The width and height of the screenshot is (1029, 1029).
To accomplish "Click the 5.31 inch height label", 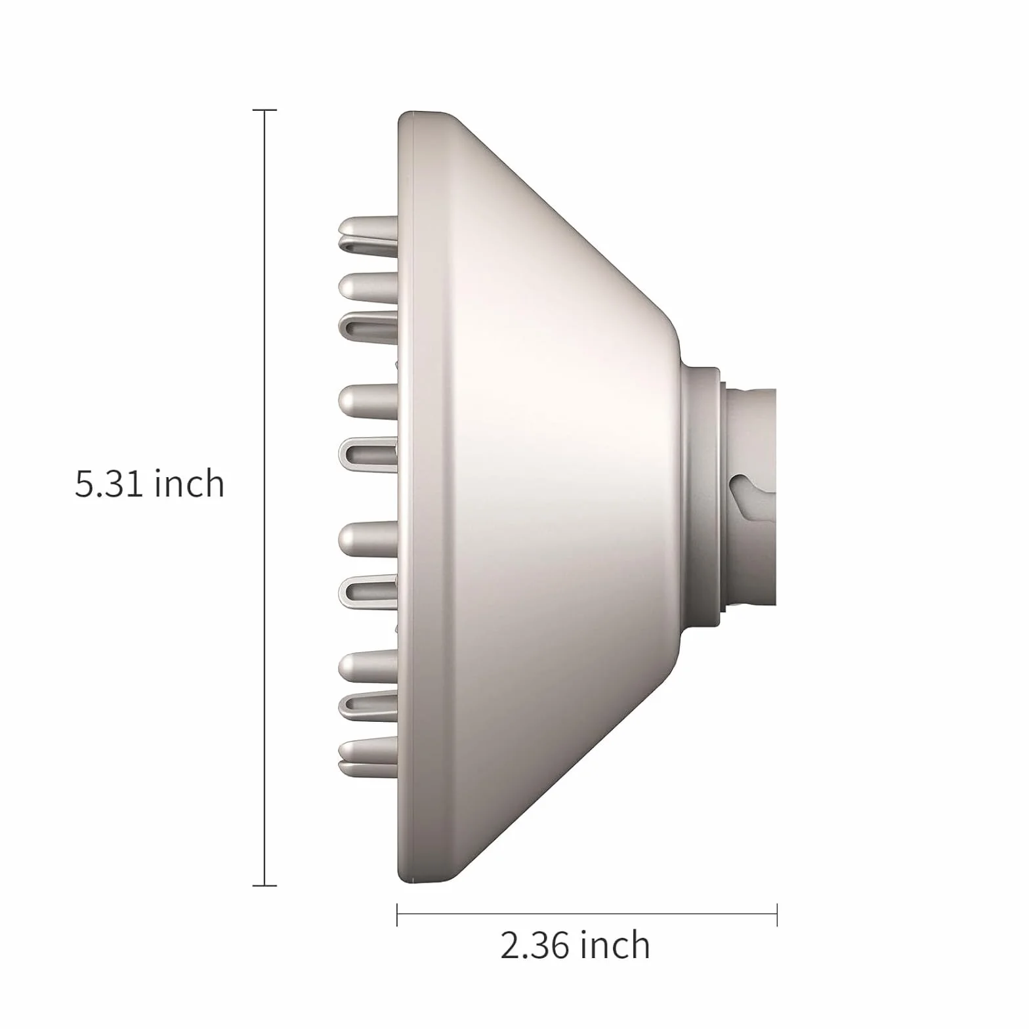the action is coord(150,484).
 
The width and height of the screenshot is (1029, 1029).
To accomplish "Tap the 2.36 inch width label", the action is coord(575,945).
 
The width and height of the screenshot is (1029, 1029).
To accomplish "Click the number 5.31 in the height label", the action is coord(108,484).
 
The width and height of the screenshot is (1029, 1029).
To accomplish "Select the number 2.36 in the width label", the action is coord(534,946).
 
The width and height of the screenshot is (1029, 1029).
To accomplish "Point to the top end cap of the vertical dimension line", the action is coord(264,110).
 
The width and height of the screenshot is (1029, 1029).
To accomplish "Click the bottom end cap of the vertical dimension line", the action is coord(264,885).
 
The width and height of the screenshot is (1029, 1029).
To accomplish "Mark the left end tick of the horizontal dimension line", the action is coord(397,915).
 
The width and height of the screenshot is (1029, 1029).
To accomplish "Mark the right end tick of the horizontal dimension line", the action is coord(777,915).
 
